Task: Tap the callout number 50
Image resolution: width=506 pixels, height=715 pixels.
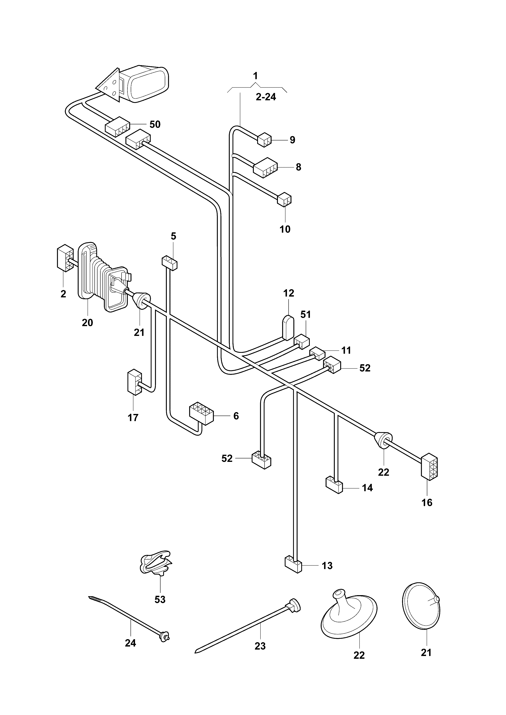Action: click(155, 124)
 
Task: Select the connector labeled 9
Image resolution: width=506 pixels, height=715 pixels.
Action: click(264, 140)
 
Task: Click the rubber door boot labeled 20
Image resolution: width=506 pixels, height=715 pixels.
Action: click(103, 277)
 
